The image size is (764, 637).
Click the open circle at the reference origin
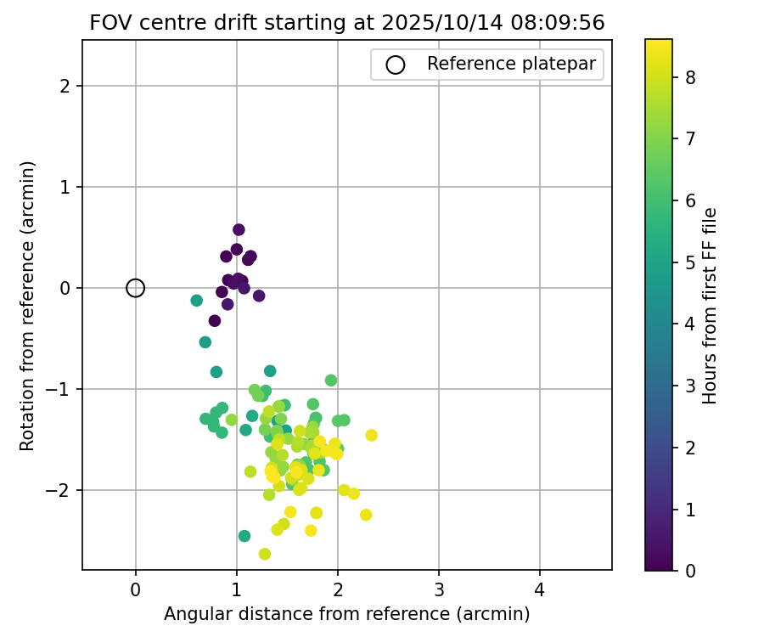135,288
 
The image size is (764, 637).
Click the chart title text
346,24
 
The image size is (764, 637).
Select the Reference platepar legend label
509,64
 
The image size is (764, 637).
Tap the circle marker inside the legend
396,65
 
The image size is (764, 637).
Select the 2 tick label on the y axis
65,86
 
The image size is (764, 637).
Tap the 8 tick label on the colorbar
690,77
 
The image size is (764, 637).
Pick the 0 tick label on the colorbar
690,570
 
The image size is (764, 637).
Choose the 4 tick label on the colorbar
690,324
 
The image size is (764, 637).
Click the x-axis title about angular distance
346,614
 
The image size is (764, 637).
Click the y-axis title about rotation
28,306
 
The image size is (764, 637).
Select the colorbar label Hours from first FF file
711,306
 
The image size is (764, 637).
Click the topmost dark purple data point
239,229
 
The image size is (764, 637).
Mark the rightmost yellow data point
371,435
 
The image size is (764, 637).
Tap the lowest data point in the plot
265,554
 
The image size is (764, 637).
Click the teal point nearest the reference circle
197,301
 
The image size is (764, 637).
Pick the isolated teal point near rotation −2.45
244,536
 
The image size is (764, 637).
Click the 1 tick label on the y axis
65,187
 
